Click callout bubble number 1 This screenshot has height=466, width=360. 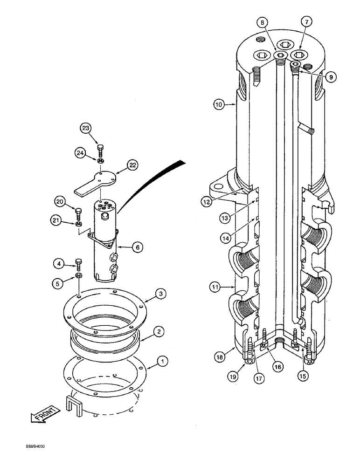(x=150, y=360)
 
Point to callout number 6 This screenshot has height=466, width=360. (x=137, y=248)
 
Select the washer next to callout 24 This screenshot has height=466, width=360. (x=100, y=161)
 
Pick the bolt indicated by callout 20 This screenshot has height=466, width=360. (x=78, y=214)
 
